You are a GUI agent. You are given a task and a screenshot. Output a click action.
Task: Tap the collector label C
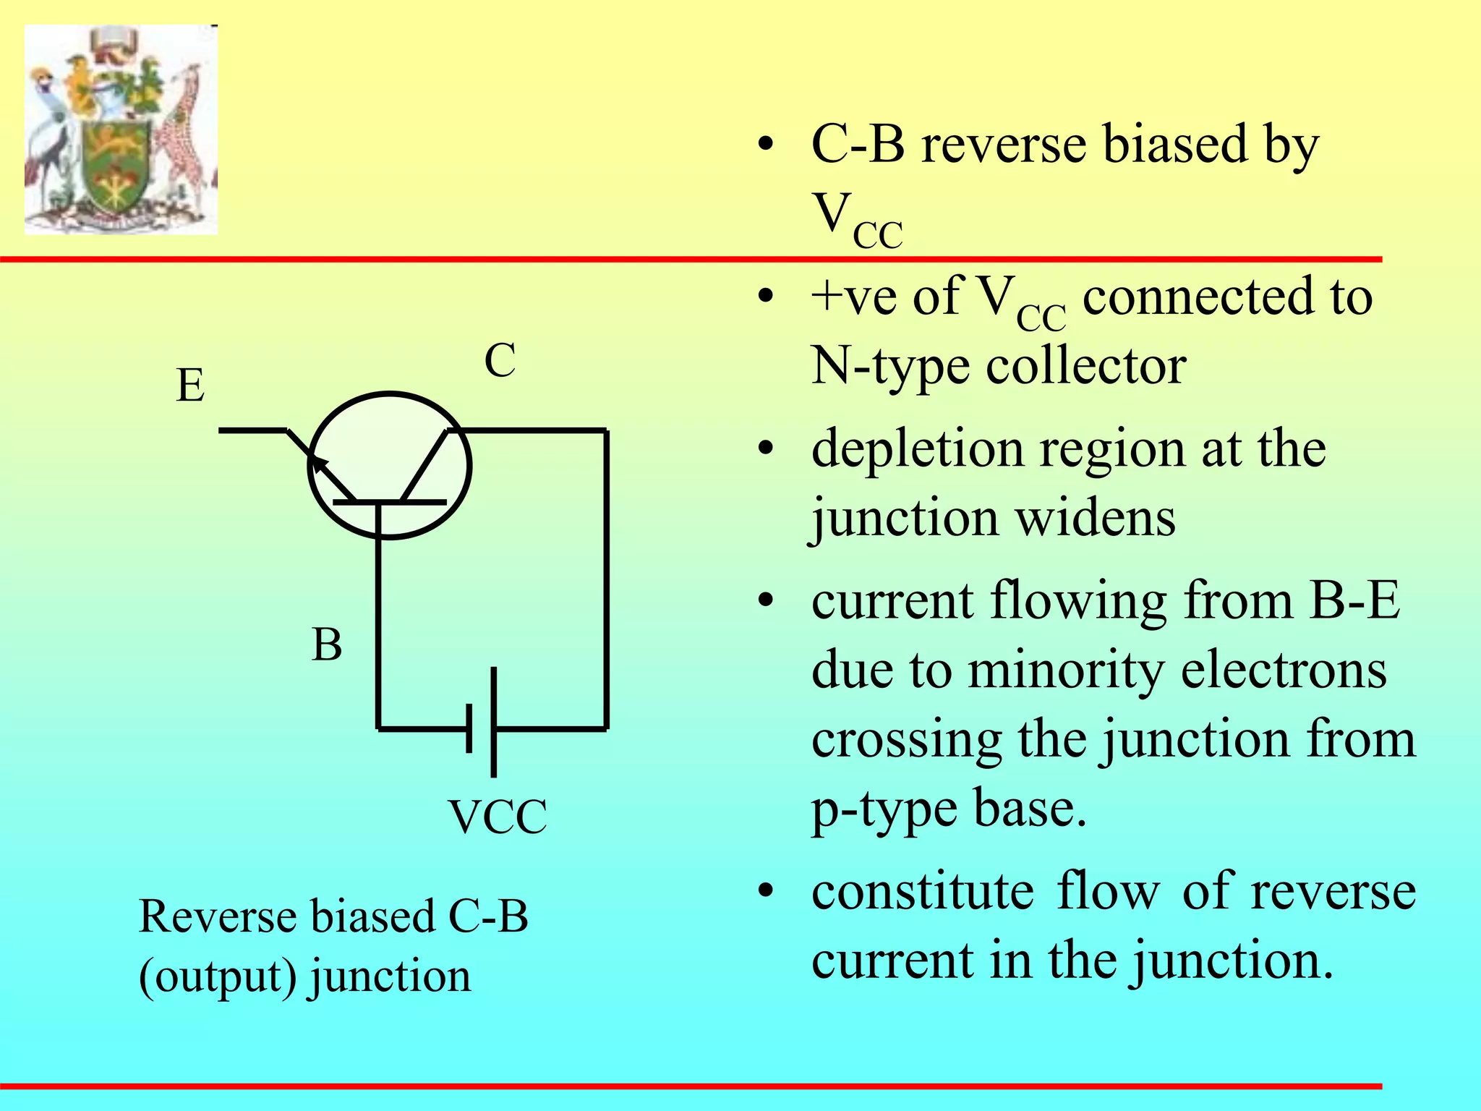(500, 360)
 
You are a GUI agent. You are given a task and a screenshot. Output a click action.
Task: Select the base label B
(326, 644)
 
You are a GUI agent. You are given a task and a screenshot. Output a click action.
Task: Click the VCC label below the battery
(498, 817)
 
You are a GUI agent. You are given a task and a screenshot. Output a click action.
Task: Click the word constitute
(922, 891)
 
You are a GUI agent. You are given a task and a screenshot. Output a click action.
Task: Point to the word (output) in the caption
(218, 976)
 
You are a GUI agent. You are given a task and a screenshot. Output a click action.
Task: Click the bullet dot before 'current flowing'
(766, 602)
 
